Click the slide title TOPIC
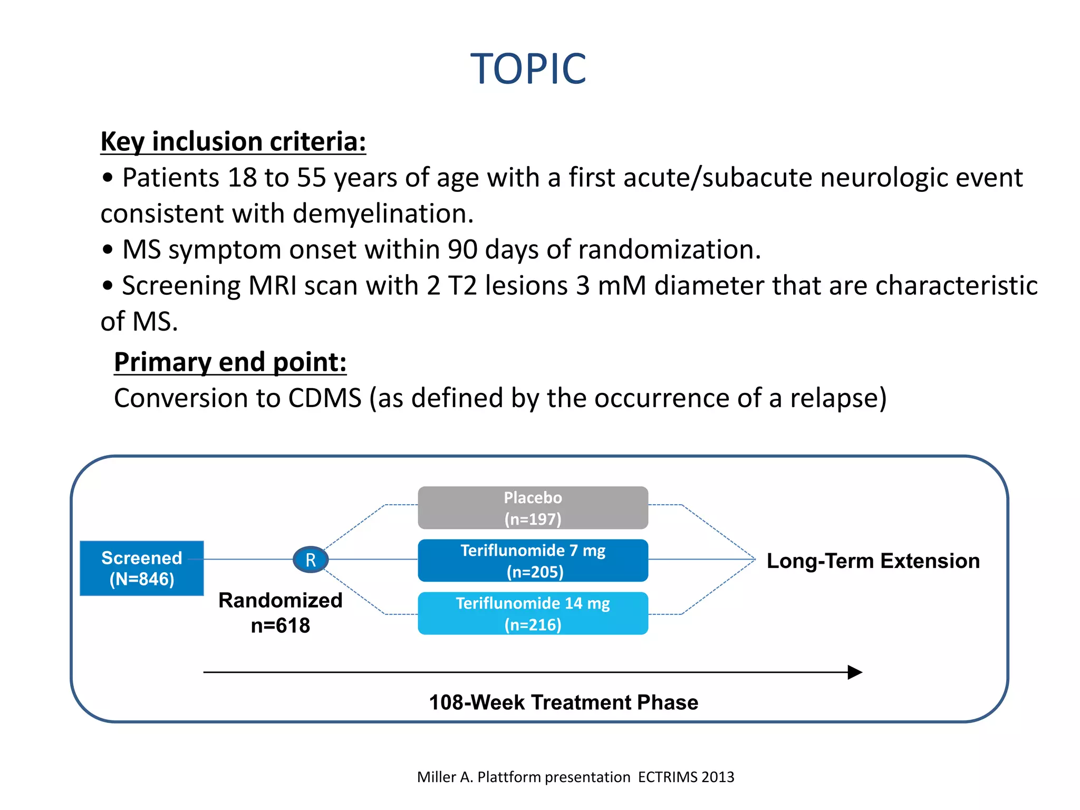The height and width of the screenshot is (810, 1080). tap(528, 69)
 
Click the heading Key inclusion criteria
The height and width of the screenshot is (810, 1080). tap(233, 141)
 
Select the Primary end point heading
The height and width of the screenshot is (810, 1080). tap(230, 362)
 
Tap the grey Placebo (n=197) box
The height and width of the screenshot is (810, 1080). tap(533, 507)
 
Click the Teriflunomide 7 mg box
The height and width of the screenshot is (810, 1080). tap(533, 560)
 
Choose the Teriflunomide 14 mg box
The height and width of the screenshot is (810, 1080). tap(533, 613)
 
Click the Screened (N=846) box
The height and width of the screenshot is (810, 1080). tap(141, 568)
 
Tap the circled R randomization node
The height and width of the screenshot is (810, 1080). tap(311, 560)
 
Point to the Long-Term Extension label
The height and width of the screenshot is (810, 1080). tap(873, 561)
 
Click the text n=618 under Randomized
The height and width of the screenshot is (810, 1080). tap(280, 625)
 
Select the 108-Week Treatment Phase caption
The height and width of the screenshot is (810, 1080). tap(563, 702)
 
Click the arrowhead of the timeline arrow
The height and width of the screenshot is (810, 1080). tap(854, 672)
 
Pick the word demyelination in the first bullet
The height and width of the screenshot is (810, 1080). tap(383, 214)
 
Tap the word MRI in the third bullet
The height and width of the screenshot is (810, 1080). tap(272, 285)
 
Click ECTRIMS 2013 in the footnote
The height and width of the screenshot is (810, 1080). tap(686, 777)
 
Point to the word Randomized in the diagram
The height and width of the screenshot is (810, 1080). tap(280, 600)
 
